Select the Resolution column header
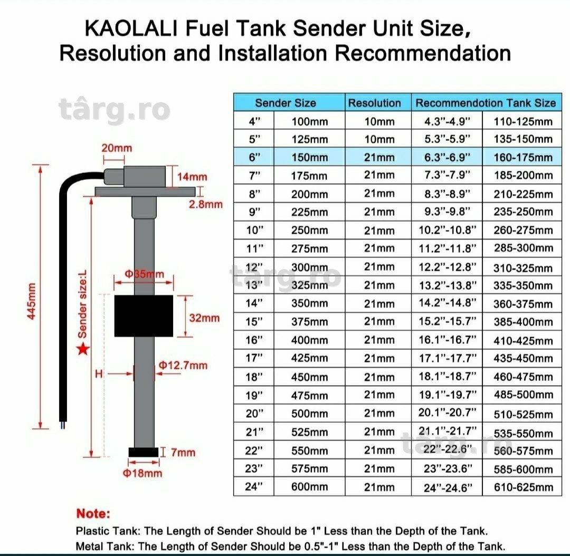pos(374,103)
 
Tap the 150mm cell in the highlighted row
pos(309,157)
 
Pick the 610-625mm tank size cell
pos(523,487)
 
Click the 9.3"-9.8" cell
pos(447,212)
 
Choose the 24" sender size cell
pos(253,486)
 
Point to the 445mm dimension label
pos(32,301)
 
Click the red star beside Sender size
pos(83,349)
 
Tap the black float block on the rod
pos(144,316)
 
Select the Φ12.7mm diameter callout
pos(183,365)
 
